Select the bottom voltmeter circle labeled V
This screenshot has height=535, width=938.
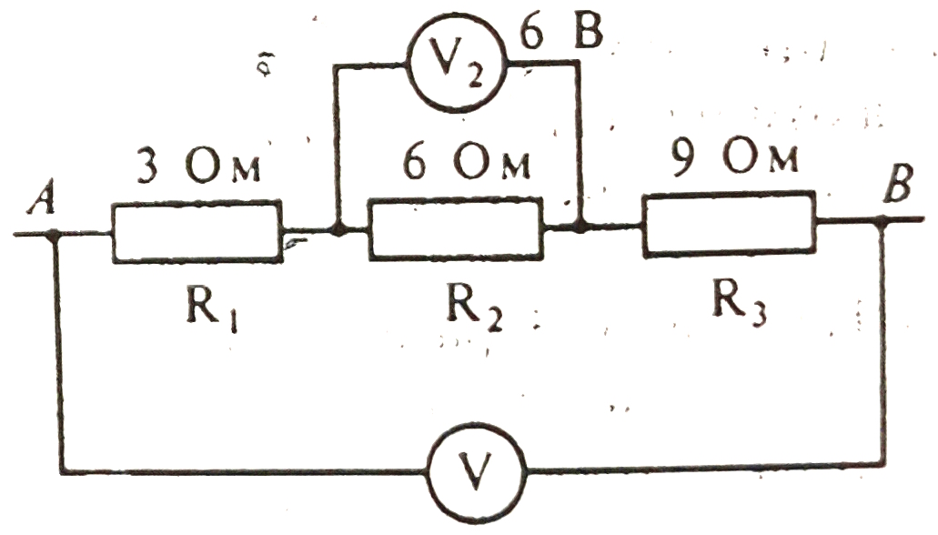(x=474, y=471)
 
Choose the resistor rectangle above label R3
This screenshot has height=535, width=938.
(x=729, y=223)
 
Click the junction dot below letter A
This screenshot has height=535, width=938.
(x=55, y=234)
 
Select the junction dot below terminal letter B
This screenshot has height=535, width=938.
(x=881, y=221)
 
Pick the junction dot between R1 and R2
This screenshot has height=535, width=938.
(x=338, y=231)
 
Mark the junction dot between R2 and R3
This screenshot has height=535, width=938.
(x=580, y=227)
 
